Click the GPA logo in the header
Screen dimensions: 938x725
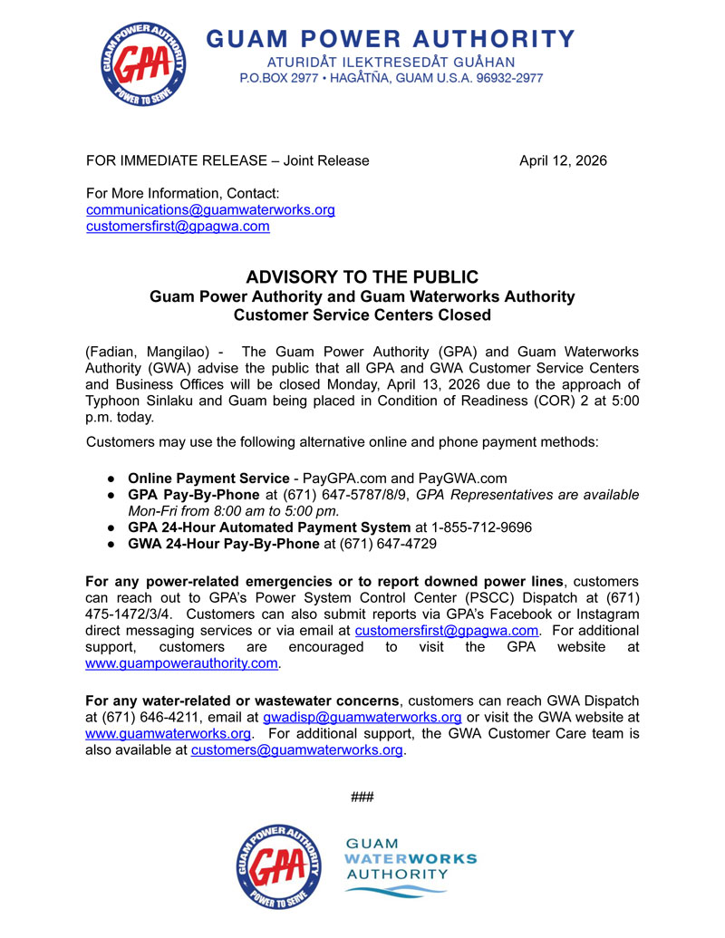coord(144,61)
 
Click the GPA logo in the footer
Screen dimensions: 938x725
coord(280,867)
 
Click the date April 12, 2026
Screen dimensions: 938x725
coord(562,160)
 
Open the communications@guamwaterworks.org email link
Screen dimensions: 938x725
coord(210,210)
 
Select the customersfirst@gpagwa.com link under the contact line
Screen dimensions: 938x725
coord(178,227)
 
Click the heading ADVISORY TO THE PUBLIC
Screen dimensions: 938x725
coord(362,277)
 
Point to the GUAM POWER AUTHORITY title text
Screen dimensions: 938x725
coord(391,39)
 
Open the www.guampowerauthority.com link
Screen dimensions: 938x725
coord(180,664)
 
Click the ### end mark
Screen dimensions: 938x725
coord(362,798)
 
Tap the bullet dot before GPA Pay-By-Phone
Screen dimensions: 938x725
coord(109,495)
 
